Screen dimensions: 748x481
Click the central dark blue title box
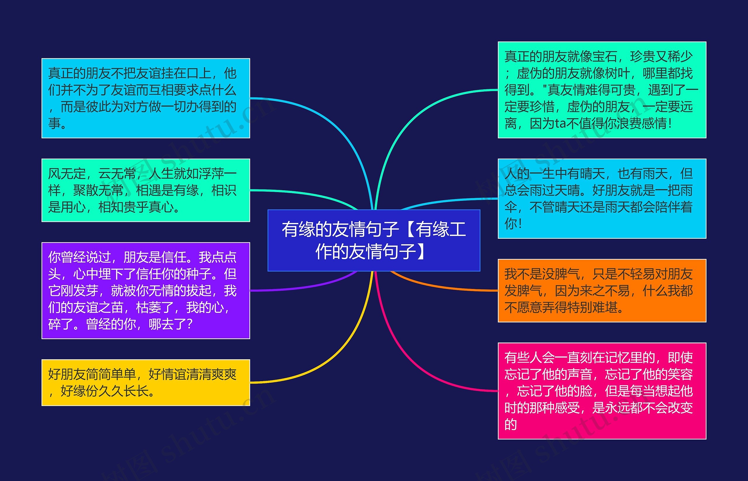pyautogui.click(x=374, y=240)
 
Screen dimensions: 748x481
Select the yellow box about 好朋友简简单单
pyautogui.click(x=146, y=383)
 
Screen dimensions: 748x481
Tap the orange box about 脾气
pyautogui.click(x=602, y=290)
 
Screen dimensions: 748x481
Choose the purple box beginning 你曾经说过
pyautogui.click(x=146, y=290)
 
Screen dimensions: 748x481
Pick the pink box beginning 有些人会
pyautogui.click(x=602, y=391)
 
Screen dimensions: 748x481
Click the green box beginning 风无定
pyautogui.click(x=146, y=190)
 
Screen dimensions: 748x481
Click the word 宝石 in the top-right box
pyautogui.click(x=605, y=57)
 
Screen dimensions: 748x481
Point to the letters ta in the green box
pyautogui.click(x=560, y=123)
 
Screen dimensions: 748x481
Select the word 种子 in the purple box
pyautogui.click(x=198, y=274)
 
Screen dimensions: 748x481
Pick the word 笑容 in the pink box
pyautogui.click(x=680, y=374)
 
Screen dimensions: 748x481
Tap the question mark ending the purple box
pyautogui.click(x=188, y=324)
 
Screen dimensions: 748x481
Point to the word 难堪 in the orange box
pyautogui.click(x=605, y=307)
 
